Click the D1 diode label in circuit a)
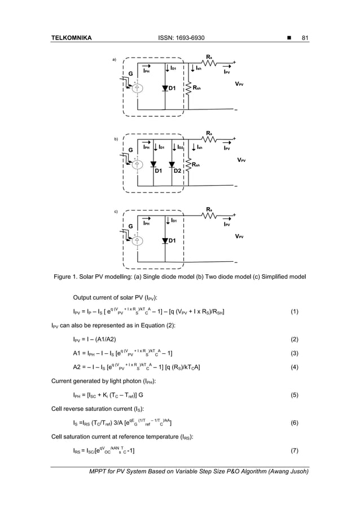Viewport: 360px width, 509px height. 172,89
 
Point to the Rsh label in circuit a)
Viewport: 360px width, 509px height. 197,88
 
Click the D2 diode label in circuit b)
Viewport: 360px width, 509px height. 177,170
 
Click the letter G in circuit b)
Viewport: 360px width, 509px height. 130,149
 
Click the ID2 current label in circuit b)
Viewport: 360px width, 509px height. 181,148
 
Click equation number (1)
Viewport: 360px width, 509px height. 294,311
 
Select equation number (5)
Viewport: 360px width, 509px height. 294,396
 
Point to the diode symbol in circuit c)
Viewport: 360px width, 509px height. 165,242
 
